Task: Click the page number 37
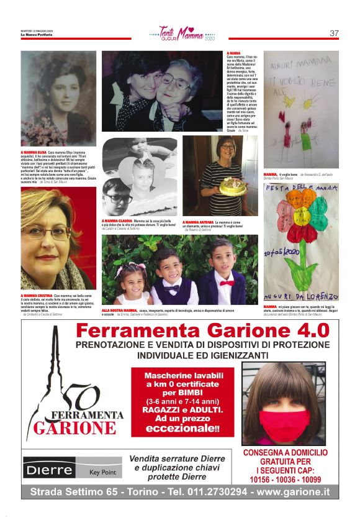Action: point(334,33)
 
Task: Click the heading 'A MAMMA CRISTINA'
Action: point(37,296)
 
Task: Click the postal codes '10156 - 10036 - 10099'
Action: point(285,479)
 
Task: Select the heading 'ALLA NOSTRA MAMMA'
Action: point(119,309)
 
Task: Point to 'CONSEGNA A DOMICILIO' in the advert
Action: point(285,453)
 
